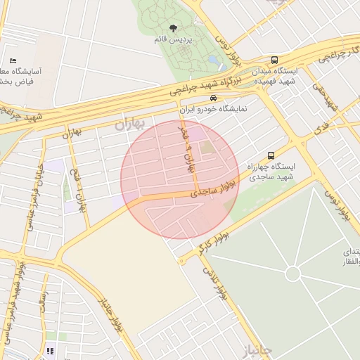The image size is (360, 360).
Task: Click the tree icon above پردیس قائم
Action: click(172, 27)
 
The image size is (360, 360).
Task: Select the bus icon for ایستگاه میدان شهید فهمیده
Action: click(274, 60)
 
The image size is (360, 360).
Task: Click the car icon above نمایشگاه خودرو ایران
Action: click(213, 98)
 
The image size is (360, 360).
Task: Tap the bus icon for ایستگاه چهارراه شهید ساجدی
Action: click(271, 155)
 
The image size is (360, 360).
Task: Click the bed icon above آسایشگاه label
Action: click(13, 60)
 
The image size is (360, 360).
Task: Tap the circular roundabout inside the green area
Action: click(292, 274)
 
